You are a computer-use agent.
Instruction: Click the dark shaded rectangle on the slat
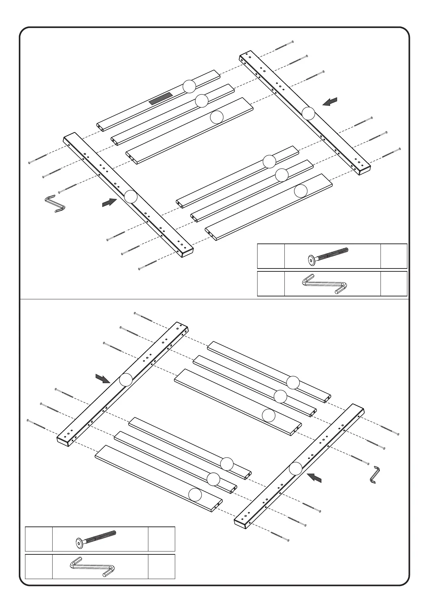(x=161, y=99)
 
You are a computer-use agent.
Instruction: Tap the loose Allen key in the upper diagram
(x=55, y=204)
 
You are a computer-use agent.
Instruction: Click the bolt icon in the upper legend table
(x=328, y=256)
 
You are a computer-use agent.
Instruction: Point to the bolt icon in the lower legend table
(x=96, y=538)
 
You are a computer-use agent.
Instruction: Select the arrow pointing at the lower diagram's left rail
(x=103, y=378)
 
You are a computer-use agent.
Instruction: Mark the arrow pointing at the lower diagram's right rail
(x=314, y=477)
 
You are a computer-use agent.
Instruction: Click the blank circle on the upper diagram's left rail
(x=131, y=196)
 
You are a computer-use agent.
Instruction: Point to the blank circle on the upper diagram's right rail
(x=308, y=114)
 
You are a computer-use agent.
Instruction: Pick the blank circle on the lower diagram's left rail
(x=126, y=380)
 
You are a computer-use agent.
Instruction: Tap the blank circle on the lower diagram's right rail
(x=296, y=468)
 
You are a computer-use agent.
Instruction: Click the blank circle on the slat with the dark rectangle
(x=189, y=86)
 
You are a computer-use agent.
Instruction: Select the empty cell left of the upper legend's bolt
(x=271, y=256)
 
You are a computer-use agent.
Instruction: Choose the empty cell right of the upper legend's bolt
(x=394, y=256)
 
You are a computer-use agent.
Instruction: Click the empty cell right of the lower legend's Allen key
(x=161, y=566)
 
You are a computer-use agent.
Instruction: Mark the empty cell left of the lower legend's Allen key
(x=38, y=566)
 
